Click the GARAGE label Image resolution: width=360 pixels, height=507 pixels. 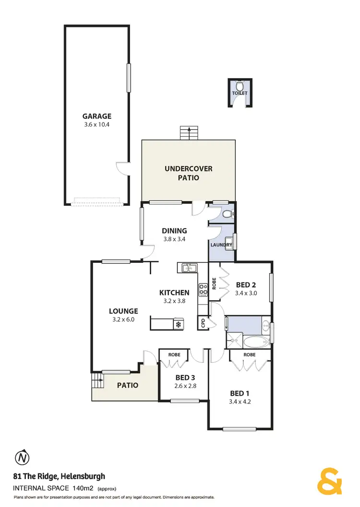click(x=96, y=116)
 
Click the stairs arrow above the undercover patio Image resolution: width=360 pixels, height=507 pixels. click(x=189, y=132)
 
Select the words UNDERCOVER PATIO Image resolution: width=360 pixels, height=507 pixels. click(x=188, y=173)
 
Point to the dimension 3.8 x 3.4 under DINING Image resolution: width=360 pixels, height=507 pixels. click(x=174, y=238)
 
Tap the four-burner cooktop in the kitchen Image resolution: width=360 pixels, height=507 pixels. click(x=203, y=288)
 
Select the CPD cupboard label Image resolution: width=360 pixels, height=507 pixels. click(x=203, y=323)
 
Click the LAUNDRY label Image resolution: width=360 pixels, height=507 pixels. click(x=221, y=245)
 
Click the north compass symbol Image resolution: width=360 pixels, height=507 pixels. click(x=22, y=458)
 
